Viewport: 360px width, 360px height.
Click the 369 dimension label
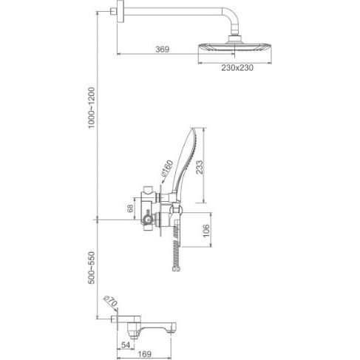(x=163, y=50)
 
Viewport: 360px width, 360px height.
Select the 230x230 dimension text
(x=237, y=68)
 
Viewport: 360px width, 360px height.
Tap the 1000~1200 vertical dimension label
(x=92, y=107)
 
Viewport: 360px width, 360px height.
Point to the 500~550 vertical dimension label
(x=92, y=268)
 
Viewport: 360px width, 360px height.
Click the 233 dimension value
(x=200, y=167)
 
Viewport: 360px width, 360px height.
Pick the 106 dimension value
(x=206, y=231)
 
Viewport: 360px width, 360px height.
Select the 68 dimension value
(x=130, y=208)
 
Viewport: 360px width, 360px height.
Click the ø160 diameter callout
(x=167, y=169)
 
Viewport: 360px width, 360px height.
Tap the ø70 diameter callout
(x=111, y=301)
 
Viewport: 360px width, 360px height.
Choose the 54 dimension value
(x=126, y=345)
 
